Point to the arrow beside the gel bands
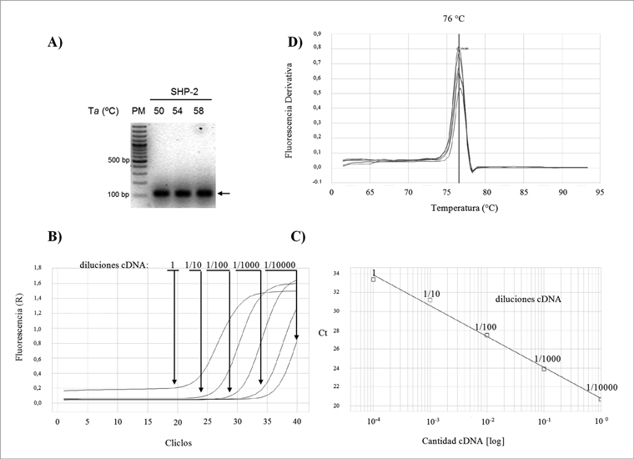(x=224, y=194)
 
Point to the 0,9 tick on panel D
(x=317, y=33)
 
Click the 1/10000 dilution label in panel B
(x=280, y=266)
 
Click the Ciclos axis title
(x=177, y=442)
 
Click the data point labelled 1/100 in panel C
(x=487, y=335)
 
